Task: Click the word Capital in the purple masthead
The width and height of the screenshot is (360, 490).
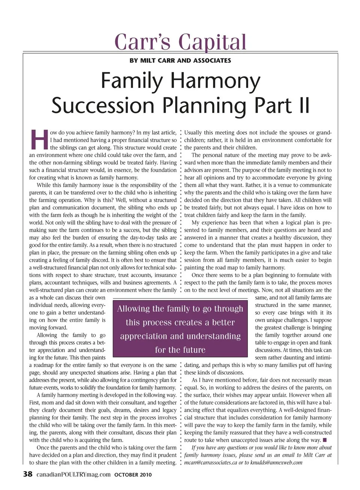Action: tap(213, 42)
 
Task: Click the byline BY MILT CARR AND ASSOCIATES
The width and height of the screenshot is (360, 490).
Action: tap(180, 60)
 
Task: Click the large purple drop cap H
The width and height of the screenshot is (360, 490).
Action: tap(39, 140)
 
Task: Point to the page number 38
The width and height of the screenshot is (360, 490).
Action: tap(28, 474)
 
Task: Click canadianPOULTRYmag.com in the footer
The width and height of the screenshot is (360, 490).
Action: tap(73, 475)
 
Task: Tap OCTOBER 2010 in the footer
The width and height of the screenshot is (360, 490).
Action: tap(133, 475)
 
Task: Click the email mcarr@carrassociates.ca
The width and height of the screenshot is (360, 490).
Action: tap(211, 463)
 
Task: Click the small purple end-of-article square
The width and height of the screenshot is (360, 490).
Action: tap(325, 440)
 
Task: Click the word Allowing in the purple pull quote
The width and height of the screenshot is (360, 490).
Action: tap(133, 309)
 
